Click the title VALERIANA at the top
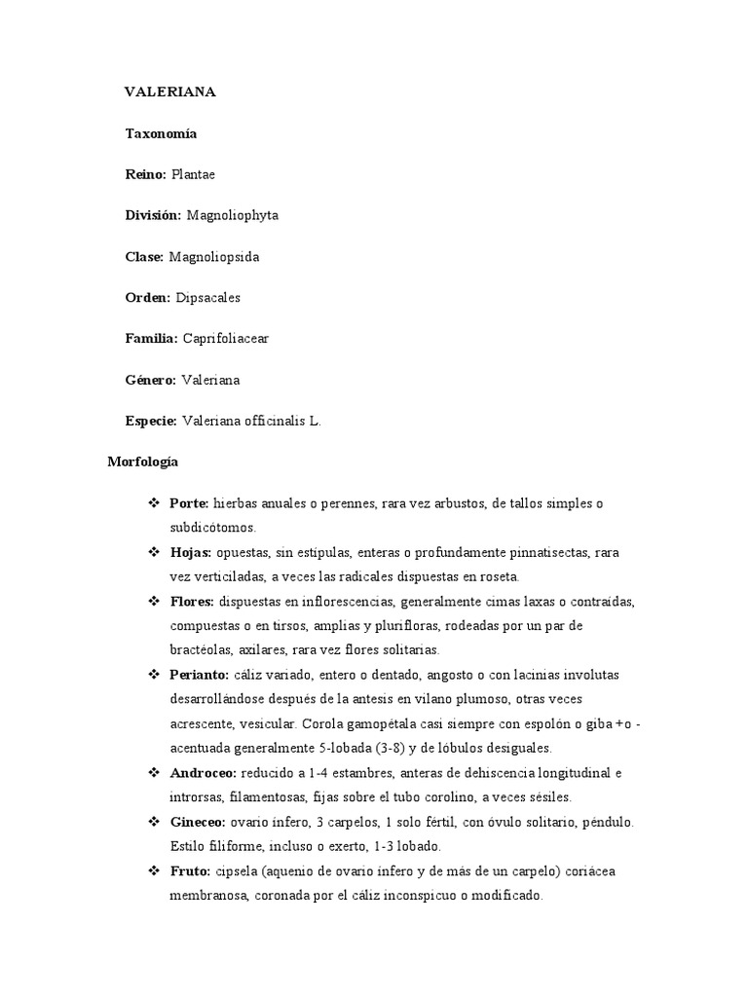point(169,92)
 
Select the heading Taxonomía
point(161,133)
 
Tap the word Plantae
point(193,174)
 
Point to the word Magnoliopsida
point(214,257)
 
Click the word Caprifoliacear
point(226,339)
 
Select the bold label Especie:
point(151,422)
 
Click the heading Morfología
point(142,462)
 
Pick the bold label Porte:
point(189,503)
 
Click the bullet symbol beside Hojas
point(153,552)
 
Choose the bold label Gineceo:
point(199,823)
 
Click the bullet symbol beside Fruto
point(153,871)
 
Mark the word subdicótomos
point(211,528)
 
